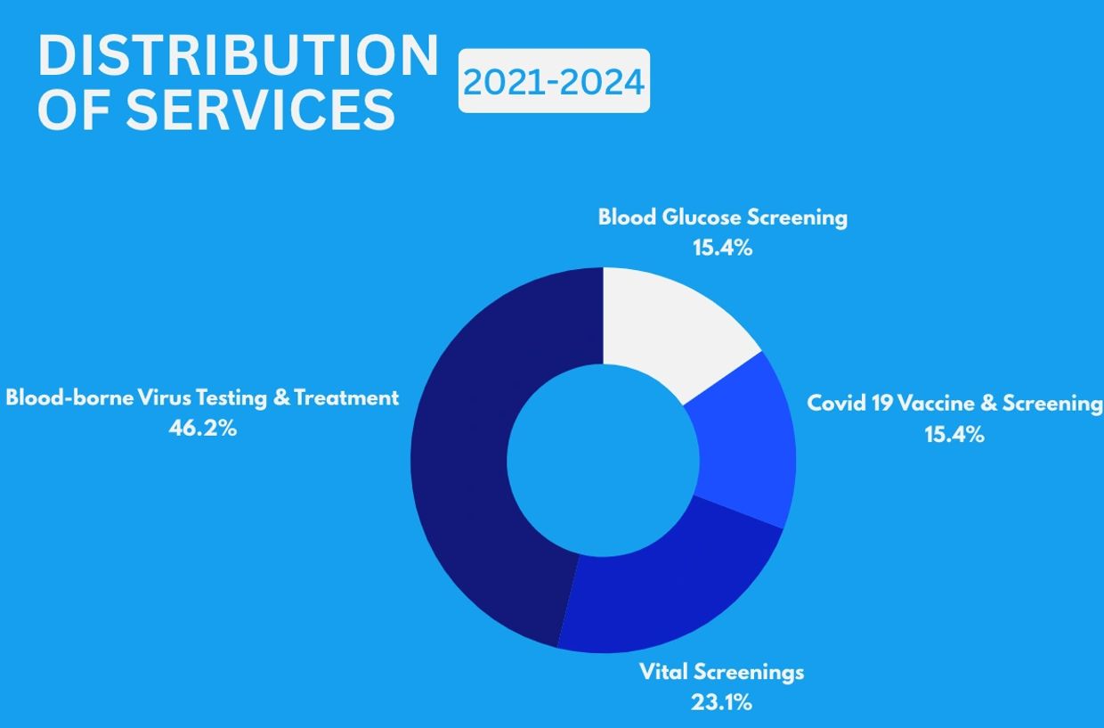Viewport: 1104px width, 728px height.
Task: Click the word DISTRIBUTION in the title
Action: tap(238, 57)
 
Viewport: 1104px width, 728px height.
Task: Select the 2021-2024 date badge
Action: tap(554, 82)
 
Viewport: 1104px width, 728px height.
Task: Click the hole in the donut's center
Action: tap(603, 460)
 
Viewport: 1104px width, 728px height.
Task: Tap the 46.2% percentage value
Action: tap(203, 429)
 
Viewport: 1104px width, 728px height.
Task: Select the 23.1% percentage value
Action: tap(721, 702)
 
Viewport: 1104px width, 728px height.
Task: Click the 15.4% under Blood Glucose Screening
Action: tap(722, 249)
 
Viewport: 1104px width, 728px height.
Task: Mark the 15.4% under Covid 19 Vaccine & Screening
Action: tap(954, 435)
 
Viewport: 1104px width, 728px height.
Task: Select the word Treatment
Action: tap(346, 397)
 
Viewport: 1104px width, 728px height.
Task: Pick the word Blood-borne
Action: tap(69, 397)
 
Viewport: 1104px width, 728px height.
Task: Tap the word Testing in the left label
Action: tap(231, 397)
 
